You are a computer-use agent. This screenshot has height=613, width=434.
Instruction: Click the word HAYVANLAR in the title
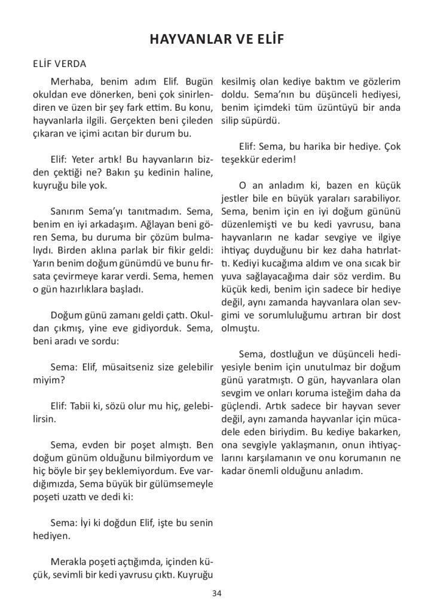click(x=185, y=40)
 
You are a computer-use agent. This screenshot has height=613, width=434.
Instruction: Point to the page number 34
click(x=216, y=593)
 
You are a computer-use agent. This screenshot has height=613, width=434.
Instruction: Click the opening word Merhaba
click(x=71, y=81)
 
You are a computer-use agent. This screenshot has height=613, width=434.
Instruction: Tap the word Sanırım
click(x=72, y=211)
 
